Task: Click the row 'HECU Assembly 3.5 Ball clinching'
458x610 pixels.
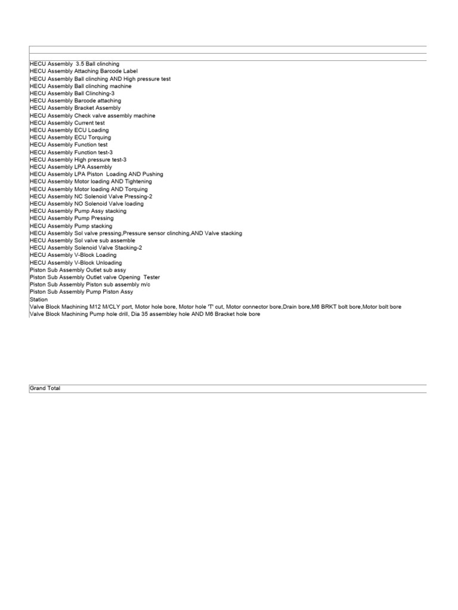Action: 75,64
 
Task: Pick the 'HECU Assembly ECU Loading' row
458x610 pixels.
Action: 69,130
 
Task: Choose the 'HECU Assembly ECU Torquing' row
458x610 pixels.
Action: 70,138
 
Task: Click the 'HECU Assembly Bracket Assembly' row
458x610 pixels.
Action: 75,108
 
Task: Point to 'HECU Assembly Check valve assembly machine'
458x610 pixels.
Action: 92,116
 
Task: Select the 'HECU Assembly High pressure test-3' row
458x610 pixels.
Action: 78,160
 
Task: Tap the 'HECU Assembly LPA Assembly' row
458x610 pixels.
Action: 70,167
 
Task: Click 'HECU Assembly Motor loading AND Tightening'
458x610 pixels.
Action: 91,182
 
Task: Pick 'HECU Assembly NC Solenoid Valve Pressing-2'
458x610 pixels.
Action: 91,196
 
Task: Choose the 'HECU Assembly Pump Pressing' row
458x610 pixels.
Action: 72,218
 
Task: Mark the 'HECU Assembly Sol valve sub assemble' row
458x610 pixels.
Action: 82,241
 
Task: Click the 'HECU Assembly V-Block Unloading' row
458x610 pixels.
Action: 76,263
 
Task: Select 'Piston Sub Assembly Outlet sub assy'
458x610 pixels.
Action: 78,270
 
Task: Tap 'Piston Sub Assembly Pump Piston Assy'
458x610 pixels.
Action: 81,292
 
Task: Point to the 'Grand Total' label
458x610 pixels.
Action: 45,388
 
